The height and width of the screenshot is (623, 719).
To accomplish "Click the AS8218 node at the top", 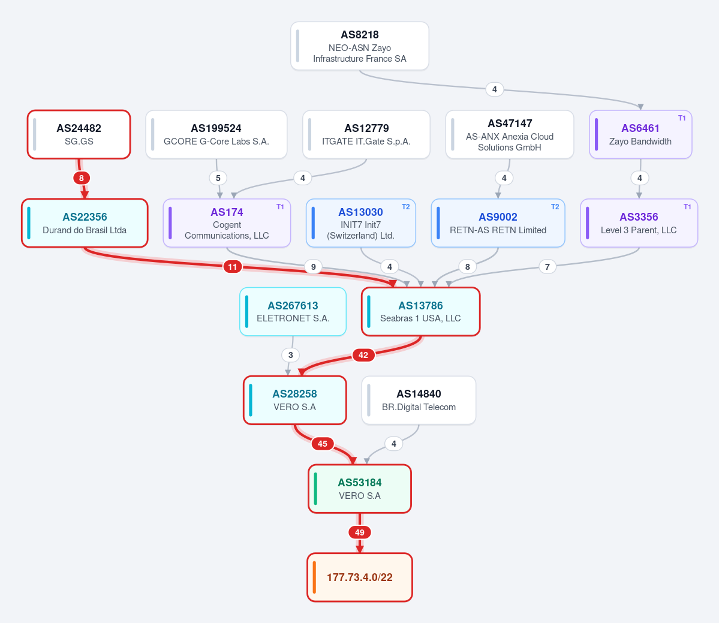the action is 360,46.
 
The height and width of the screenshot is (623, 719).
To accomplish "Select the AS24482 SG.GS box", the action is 79,134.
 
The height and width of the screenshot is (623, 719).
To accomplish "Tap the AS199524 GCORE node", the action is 216,134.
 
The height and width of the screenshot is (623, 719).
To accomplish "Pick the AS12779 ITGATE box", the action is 366,134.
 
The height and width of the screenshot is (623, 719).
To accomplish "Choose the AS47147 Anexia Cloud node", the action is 510,134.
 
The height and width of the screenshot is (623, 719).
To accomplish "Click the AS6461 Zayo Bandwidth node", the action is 640,134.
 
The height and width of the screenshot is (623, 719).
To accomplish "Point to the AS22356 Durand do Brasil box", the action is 85,223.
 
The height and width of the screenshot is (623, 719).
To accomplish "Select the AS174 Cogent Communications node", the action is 227,223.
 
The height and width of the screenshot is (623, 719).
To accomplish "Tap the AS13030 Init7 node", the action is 361,223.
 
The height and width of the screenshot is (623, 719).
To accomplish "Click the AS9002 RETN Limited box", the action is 498,223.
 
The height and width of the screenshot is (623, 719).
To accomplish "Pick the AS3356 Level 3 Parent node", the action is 639,223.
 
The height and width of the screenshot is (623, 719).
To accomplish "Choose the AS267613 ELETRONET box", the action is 293,312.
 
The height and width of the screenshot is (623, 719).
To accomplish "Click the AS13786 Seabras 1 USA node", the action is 421,312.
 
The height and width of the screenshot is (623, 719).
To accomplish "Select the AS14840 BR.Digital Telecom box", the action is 419,400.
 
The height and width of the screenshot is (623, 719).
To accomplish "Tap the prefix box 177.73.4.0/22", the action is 360,577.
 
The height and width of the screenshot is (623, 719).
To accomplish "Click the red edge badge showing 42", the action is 363,355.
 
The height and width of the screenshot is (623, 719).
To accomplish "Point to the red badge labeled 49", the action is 360,532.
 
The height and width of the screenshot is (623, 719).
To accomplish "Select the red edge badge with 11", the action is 233,266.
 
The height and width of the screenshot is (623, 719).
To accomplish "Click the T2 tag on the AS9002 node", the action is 555,207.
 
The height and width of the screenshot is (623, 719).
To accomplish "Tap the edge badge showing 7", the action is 547,266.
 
